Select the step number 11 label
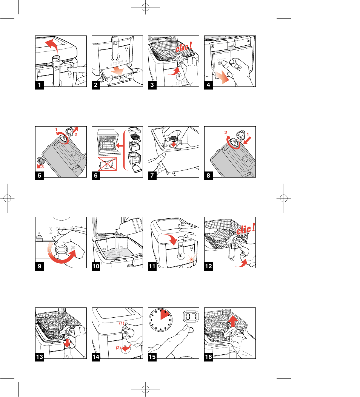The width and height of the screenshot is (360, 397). (x=152, y=266)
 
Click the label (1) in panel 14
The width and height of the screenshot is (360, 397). (x=122, y=324)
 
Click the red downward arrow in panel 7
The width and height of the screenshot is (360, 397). (x=174, y=145)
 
